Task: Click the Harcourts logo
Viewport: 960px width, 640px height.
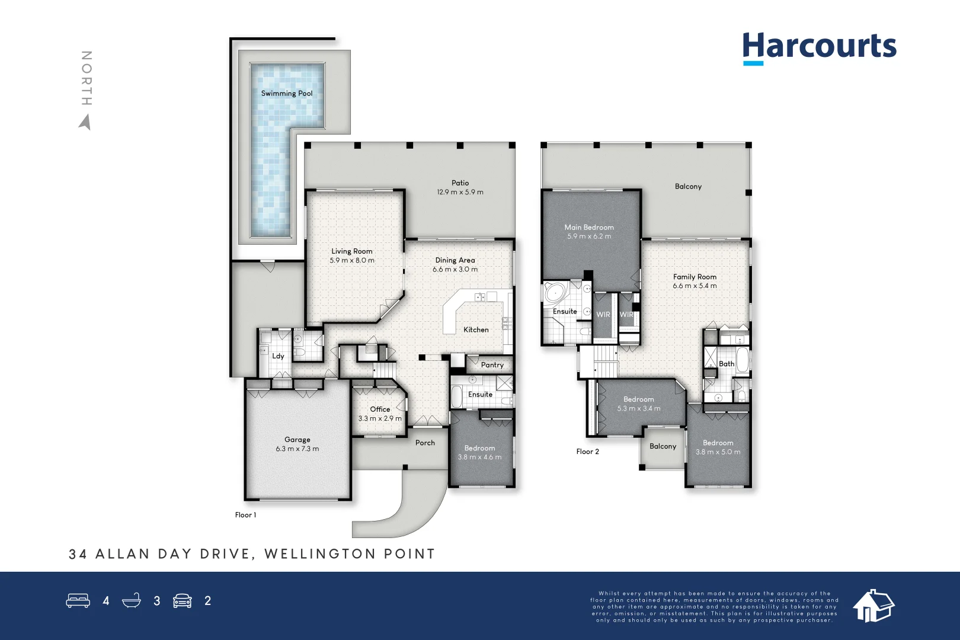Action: pyautogui.click(x=819, y=47)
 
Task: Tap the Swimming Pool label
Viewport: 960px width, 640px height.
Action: pyautogui.click(x=287, y=93)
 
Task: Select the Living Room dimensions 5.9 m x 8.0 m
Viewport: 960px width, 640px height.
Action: pyautogui.click(x=352, y=260)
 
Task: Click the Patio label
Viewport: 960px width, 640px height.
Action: pyautogui.click(x=460, y=183)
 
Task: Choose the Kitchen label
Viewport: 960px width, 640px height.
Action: pyautogui.click(x=476, y=329)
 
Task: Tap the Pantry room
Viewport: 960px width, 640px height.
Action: pyautogui.click(x=492, y=364)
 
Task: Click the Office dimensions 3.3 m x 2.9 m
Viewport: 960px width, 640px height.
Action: pyautogui.click(x=380, y=418)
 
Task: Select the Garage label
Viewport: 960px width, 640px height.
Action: pyautogui.click(x=297, y=439)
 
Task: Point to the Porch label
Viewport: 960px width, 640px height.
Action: pyautogui.click(x=425, y=443)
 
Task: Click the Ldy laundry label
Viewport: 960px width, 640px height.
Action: pyautogui.click(x=278, y=356)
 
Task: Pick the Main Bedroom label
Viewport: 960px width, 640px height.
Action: pyautogui.click(x=589, y=227)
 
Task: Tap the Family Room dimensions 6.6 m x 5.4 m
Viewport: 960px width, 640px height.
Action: pyautogui.click(x=695, y=286)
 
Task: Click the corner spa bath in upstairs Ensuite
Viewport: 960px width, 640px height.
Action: pyautogui.click(x=556, y=293)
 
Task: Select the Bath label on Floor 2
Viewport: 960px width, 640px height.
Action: pyautogui.click(x=726, y=364)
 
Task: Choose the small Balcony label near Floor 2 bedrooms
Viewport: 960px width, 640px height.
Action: pyautogui.click(x=663, y=446)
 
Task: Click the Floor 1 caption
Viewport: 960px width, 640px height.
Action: pyautogui.click(x=245, y=515)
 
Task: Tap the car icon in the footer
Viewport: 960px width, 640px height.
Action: pyautogui.click(x=183, y=601)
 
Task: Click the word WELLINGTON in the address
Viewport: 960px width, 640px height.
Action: pyautogui.click(x=320, y=554)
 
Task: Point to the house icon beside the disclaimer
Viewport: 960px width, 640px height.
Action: pyautogui.click(x=873, y=606)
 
